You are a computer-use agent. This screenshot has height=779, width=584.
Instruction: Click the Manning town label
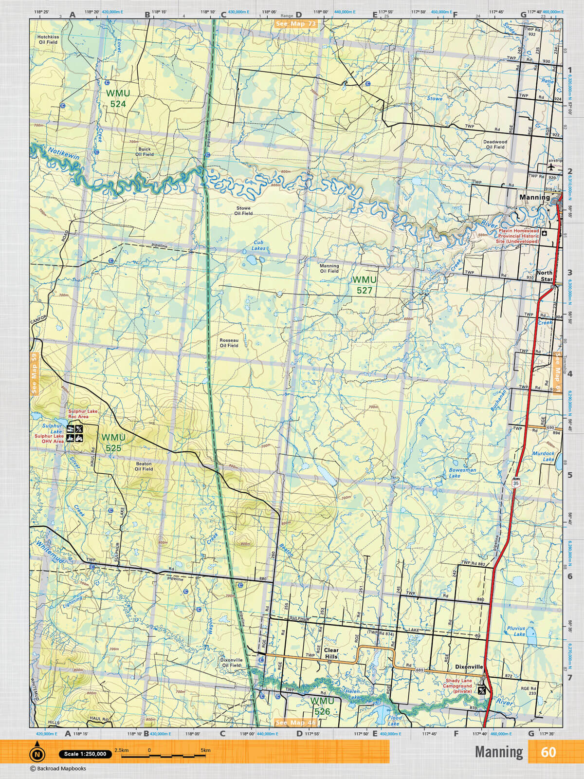coord(534,197)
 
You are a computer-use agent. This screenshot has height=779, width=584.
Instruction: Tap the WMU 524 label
coord(118,98)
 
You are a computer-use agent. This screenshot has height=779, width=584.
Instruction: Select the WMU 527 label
coord(365,285)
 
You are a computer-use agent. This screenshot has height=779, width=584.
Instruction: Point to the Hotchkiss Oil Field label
coord(48,39)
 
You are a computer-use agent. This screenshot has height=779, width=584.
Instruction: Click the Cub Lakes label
coord(258,245)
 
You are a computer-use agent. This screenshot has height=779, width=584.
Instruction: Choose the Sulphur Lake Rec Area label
coord(82,414)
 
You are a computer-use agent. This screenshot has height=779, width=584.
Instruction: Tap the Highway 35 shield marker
coord(515,483)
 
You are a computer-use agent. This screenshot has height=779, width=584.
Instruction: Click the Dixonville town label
coord(469,667)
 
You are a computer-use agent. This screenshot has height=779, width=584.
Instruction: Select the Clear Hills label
coord(331,653)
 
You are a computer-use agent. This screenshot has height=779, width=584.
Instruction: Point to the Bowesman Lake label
coord(462,473)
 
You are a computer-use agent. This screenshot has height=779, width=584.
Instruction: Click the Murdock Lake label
coord(543,456)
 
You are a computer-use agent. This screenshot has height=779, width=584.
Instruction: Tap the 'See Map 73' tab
coord(295,24)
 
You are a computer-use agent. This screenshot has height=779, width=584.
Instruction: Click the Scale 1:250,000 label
coord(85,754)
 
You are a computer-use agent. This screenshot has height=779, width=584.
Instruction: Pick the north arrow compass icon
coord(37,753)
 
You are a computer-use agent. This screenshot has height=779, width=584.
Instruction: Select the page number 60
coord(548,752)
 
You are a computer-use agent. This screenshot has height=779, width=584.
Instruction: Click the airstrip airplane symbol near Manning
coord(551,166)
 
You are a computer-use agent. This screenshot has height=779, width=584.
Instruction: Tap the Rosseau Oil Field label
coord(229,343)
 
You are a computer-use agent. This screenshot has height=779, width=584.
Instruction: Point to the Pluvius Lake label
coord(516,631)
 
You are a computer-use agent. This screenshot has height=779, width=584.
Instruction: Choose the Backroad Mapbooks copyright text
coord(58,769)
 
